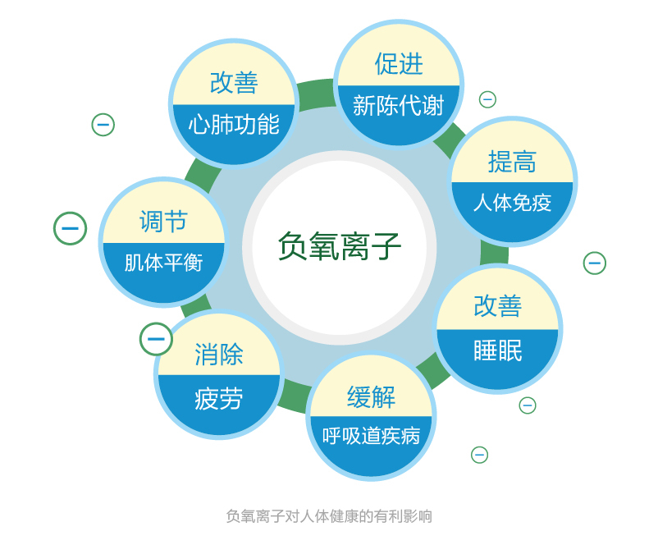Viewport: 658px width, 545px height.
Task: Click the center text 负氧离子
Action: tap(340, 246)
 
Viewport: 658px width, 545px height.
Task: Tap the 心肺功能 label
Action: tap(234, 125)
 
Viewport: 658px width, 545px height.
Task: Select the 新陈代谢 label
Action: tap(399, 106)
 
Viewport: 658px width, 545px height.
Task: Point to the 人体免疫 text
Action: tap(512, 202)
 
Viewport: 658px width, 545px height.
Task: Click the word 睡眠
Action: tap(498, 350)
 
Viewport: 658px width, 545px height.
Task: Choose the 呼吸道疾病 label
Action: tap(371, 436)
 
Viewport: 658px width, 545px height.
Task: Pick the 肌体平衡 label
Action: tap(163, 263)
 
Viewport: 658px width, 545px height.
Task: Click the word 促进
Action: tap(399, 63)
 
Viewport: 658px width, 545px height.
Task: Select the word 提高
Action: tap(512, 162)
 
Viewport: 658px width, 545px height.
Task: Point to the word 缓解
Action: tap(371, 397)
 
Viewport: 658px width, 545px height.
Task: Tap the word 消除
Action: tap(219, 355)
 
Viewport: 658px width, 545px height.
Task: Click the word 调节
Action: tap(163, 222)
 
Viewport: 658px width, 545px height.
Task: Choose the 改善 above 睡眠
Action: tap(498, 305)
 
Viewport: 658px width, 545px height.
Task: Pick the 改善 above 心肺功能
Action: tap(234, 83)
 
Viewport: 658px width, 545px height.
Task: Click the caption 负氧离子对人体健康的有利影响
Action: tap(329, 516)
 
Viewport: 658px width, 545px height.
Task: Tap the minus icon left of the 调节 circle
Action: tap(71, 228)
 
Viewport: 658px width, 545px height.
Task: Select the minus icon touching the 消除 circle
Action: tap(156, 339)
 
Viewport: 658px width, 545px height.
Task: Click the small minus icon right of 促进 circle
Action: tap(487, 99)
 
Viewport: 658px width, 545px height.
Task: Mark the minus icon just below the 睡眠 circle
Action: tap(528, 405)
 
